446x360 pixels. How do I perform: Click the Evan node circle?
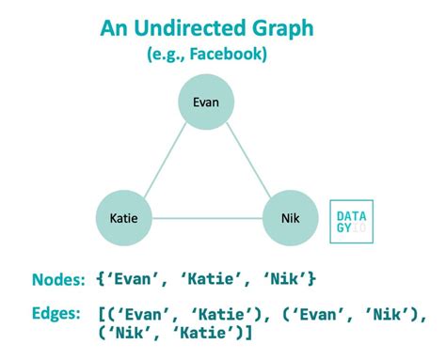(207, 102)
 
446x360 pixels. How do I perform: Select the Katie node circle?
(123, 218)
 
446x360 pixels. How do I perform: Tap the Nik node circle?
(292, 218)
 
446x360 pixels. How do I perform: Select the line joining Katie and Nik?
(207, 219)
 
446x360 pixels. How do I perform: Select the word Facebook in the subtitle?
(227, 55)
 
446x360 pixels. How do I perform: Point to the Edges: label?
(57, 313)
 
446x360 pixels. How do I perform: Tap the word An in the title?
(116, 28)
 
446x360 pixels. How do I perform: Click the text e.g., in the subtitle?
(165, 55)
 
